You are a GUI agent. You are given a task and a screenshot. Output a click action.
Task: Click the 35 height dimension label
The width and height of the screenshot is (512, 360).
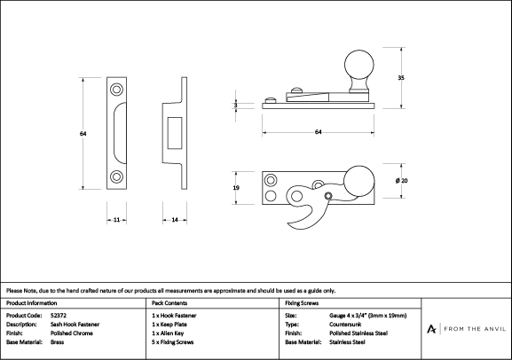(x=401, y=78)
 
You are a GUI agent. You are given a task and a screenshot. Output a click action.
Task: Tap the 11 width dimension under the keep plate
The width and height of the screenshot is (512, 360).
(x=116, y=220)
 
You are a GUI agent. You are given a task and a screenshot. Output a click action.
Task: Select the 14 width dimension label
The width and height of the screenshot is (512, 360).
(x=175, y=220)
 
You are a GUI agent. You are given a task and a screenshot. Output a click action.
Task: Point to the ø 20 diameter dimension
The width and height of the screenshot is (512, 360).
(x=401, y=181)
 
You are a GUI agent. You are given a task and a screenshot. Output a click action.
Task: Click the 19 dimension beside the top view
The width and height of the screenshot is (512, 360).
(x=236, y=188)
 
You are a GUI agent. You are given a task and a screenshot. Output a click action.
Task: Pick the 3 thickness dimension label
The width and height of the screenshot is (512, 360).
(x=236, y=106)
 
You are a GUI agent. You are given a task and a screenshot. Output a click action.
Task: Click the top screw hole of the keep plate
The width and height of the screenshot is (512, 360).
(x=116, y=90)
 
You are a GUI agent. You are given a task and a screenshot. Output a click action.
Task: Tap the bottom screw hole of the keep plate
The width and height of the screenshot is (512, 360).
(x=116, y=177)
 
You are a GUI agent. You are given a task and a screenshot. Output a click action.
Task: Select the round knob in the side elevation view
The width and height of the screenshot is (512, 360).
(x=359, y=65)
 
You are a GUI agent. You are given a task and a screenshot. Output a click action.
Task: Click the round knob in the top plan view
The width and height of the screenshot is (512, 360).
(x=359, y=181)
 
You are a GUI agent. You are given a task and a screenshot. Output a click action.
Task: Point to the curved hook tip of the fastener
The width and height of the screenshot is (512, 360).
(x=289, y=224)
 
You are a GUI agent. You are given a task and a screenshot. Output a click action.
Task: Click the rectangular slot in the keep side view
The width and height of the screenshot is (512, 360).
(x=175, y=133)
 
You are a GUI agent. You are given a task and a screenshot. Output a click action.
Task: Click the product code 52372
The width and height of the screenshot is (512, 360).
(x=59, y=316)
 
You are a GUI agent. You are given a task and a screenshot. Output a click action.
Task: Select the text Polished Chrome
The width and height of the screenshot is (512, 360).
(x=72, y=333)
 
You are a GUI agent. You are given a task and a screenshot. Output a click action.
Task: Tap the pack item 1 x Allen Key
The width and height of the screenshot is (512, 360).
(x=168, y=333)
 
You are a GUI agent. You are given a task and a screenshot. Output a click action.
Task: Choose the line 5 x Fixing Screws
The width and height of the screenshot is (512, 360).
(x=173, y=342)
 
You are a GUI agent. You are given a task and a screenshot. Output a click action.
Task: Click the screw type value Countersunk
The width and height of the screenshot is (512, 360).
(x=345, y=325)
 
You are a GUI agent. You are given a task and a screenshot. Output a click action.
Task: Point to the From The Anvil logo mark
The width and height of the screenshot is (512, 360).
(x=431, y=329)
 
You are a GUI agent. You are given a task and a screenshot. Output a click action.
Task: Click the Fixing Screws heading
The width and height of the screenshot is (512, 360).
(x=302, y=303)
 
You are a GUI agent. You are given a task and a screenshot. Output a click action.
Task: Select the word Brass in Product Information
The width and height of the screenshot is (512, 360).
(x=57, y=342)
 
